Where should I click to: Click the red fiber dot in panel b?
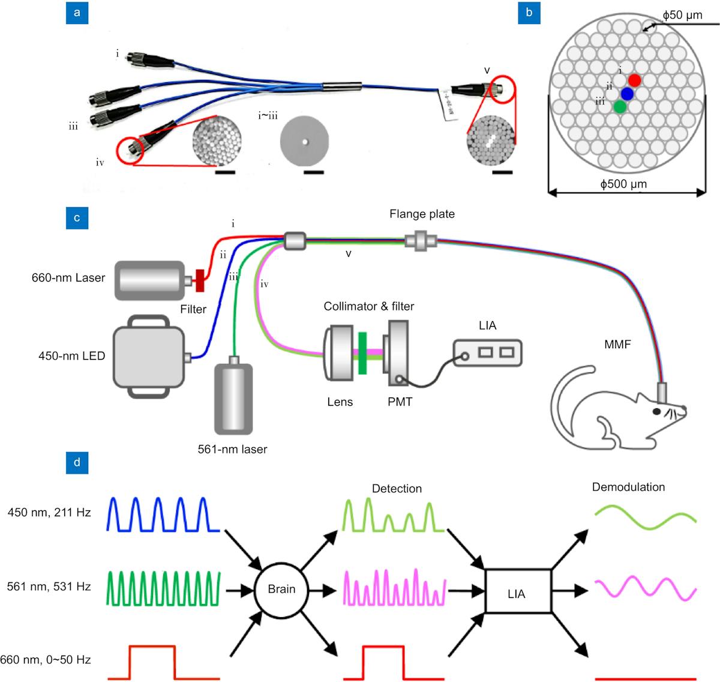635,79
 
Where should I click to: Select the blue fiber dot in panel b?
628,94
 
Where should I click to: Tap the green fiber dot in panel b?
620,107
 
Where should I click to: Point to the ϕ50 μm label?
683,15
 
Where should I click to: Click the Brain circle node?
281,589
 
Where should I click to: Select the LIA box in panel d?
517,594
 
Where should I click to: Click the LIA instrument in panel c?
488,353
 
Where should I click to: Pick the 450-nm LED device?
149,357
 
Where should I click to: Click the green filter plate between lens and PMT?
362,353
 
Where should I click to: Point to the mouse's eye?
656,411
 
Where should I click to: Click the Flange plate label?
422,214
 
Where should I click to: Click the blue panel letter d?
77,463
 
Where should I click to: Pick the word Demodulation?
628,487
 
